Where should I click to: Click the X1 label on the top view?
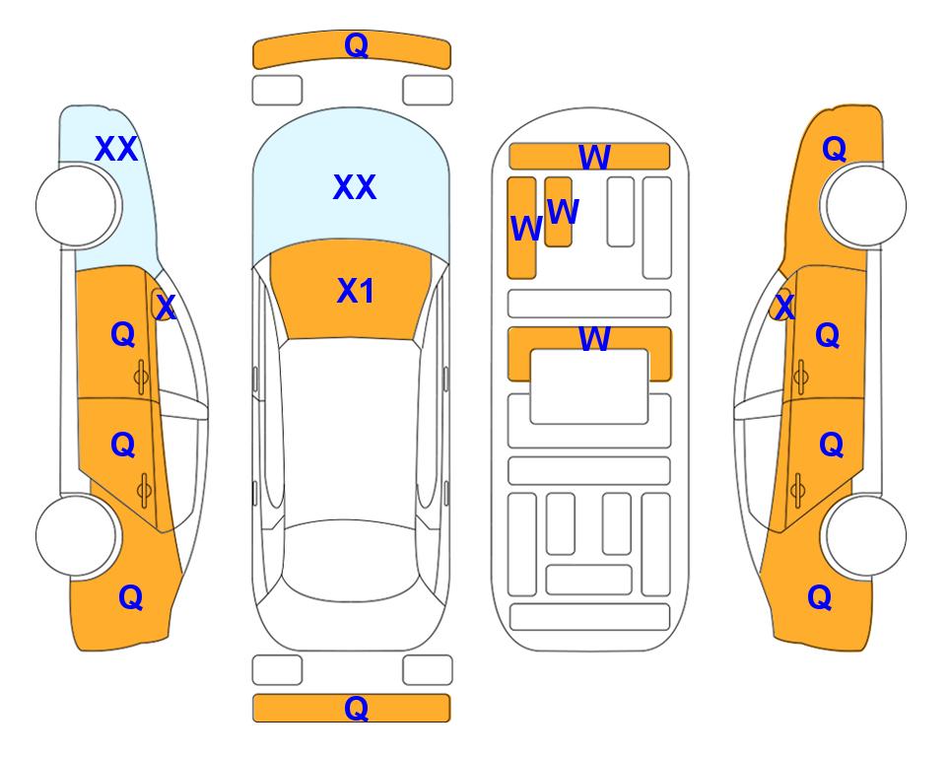click(356, 291)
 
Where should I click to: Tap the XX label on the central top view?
click(355, 187)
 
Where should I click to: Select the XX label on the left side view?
click(116, 149)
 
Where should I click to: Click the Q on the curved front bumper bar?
click(356, 45)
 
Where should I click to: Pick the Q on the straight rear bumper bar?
click(356, 708)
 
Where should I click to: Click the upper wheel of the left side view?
click(76, 206)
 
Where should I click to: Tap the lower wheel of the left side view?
click(76, 535)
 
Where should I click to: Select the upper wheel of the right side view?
click(866, 206)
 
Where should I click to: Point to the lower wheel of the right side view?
click(866, 535)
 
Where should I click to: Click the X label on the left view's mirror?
click(166, 307)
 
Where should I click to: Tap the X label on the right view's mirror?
click(784, 307)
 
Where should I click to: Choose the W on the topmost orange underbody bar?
click(594, 158)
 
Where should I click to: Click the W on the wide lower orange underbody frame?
click(594, 338)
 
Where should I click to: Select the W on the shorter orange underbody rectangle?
click(563, 211)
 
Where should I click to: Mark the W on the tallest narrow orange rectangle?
click(526, 229)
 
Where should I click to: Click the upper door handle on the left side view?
click(141, 377)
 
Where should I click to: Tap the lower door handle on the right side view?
click(797, 490)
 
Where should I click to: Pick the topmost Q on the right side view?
click(834, 149)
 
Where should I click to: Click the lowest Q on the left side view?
click(131, 597)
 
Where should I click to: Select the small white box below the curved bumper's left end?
click(277, 91)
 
